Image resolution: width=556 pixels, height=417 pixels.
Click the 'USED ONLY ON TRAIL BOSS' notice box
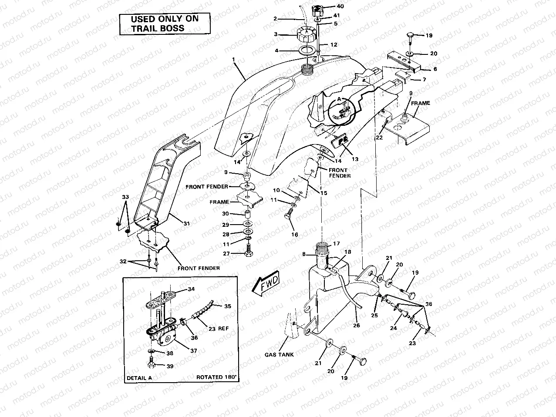coord(165,24)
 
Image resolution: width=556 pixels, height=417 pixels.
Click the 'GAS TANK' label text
coord(280,354)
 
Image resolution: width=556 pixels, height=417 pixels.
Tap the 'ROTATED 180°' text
coord(216,377)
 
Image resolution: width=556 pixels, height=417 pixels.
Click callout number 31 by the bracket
coord(186,223)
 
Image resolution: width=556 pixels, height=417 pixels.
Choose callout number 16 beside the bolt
coord(295,234)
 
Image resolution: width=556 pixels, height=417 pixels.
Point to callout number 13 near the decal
coord(355,159)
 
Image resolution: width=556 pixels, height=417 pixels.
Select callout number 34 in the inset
coord(191,289)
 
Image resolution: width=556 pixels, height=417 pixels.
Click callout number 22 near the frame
coord(380,138)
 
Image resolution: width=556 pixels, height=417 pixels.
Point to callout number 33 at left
coord(125,197)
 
